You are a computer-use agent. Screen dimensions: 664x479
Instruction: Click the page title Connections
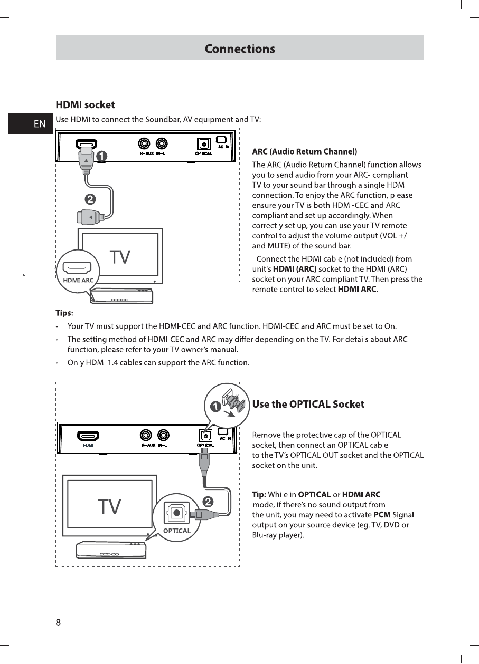240,49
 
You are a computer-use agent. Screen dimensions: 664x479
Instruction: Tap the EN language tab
40,124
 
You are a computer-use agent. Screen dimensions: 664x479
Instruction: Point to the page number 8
59,622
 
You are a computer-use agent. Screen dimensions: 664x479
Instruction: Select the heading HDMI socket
85,105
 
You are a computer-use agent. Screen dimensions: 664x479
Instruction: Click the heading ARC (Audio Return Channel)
305,152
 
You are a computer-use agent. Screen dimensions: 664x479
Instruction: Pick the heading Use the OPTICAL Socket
308,405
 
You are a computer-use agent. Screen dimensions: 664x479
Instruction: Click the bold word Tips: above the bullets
64,313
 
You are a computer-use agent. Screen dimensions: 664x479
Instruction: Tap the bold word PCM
381,515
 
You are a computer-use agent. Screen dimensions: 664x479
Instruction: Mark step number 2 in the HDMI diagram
90,199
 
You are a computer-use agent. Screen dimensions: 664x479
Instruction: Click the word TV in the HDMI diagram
120,257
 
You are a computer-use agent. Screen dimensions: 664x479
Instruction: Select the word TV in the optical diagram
110,507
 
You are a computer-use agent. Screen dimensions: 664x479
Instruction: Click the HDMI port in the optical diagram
88,436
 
